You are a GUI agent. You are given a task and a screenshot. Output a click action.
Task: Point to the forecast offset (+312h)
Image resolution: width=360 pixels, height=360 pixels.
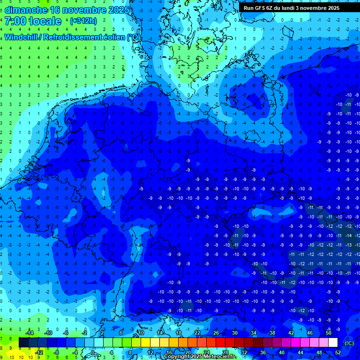(x=83, y=21)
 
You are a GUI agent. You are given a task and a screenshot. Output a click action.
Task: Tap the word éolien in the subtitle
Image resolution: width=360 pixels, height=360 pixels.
(x=116, y=37)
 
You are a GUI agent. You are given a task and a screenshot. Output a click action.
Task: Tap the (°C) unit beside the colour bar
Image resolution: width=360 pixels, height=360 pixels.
(x=349, y=343)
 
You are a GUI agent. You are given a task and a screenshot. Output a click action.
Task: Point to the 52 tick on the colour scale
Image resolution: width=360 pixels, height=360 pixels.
(x=338, y=352)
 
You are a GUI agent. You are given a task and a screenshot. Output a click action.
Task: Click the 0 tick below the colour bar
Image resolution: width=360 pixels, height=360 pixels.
(x=93, y=352)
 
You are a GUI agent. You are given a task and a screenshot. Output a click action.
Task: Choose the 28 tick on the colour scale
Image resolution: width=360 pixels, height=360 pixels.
(x=225, y=352)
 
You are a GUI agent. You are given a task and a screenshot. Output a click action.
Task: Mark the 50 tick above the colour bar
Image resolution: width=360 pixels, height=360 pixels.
(x=328, y=333)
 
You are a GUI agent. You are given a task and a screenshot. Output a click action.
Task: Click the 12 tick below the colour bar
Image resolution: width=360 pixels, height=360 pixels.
(x=150, y=352)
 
